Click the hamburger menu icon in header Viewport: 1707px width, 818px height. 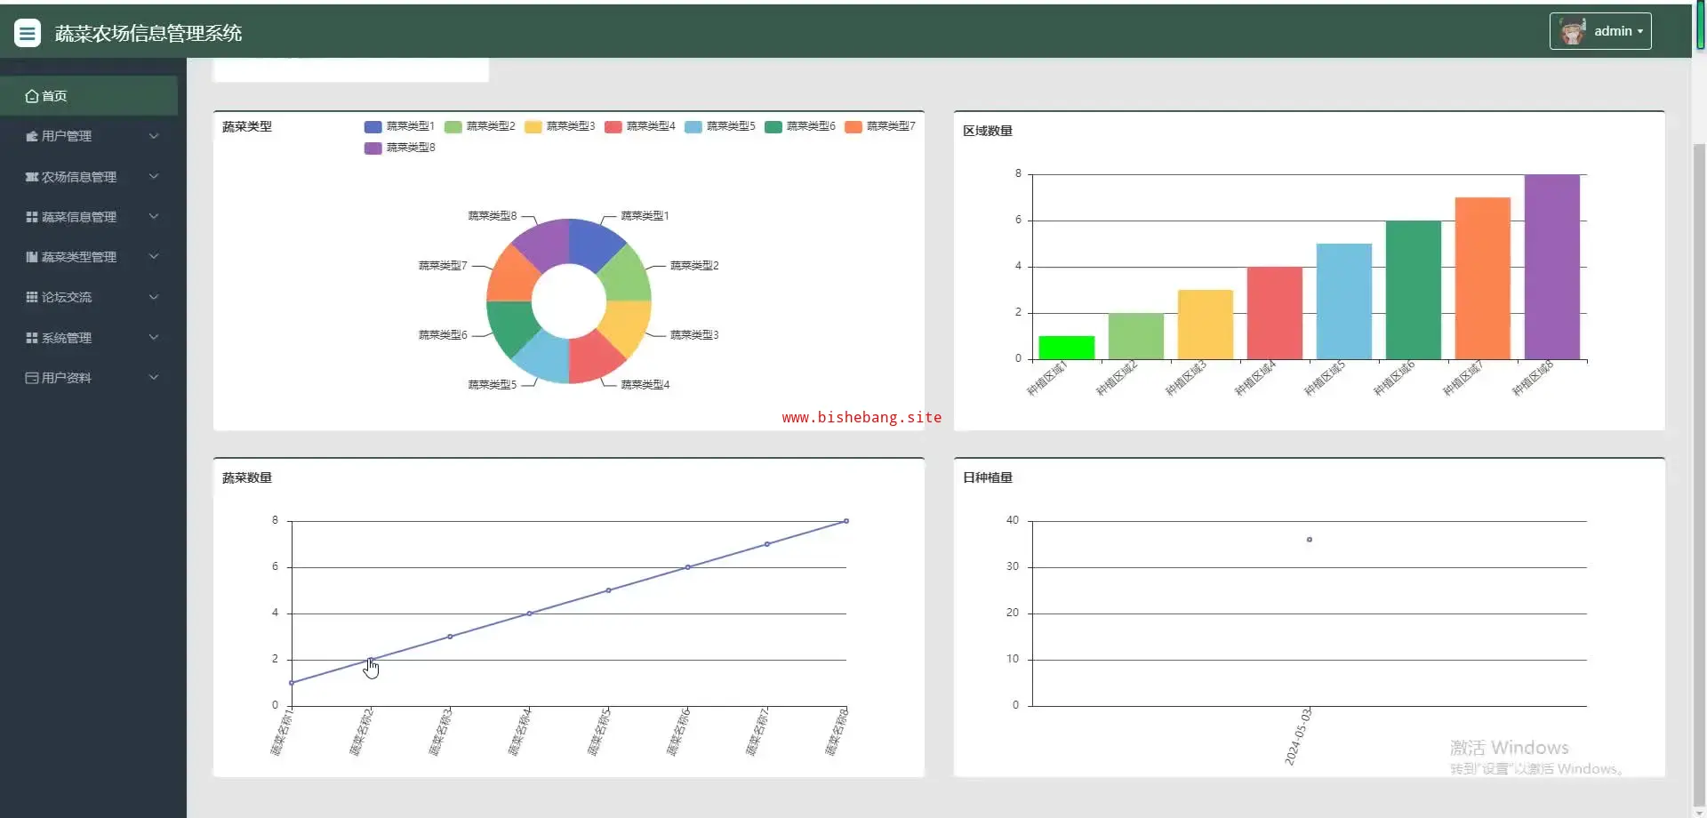[28, 33]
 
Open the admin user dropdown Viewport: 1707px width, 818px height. [1599, 31]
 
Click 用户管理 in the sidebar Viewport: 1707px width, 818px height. [67, 136]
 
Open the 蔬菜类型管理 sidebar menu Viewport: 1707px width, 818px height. [78, 257]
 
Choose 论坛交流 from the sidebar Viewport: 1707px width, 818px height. [67, 297]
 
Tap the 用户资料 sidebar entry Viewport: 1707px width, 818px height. [67, 378]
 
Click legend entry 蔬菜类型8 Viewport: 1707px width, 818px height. [400, 148]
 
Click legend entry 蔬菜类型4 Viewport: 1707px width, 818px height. [640, 126]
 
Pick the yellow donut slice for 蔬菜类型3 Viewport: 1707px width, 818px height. [627, 326]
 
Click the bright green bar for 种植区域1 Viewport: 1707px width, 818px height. [1066, 348]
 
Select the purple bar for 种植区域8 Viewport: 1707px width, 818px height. [1551, 267]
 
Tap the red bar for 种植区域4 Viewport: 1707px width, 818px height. [1274, 313]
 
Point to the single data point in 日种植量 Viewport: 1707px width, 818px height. [1309, 540]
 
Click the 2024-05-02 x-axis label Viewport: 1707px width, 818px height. [1298, 736]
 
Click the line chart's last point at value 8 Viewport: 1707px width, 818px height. [845, 521]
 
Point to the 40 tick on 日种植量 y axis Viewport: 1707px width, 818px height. [1013, 520]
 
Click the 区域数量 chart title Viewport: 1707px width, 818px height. [987, 131]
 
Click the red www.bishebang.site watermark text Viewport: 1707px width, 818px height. [861, 417]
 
